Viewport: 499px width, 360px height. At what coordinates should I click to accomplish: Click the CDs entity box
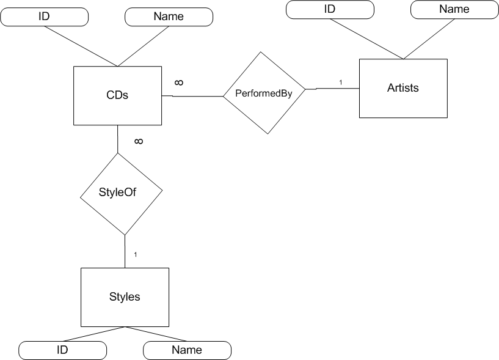click(117, 95)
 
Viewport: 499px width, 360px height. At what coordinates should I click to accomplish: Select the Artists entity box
click(402, 88)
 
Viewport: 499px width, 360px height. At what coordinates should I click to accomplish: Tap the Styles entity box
click(125, 297)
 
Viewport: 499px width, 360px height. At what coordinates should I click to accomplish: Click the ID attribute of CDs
click(44, 17)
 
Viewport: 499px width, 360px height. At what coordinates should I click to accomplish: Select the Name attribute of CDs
click(169, 17)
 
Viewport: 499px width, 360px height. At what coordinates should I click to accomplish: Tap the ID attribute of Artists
click(330, 9)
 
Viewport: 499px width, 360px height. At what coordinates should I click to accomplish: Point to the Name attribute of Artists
click(454, 9)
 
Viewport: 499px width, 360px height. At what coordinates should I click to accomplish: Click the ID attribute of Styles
click(62, 350)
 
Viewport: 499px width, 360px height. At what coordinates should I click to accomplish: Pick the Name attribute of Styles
click(187, 350)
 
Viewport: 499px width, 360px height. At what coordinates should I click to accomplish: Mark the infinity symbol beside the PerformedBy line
click(180, 83)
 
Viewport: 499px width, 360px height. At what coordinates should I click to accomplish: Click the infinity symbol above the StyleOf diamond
click(139, 141)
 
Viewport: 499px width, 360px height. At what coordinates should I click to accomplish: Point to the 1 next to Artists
click(341, 83)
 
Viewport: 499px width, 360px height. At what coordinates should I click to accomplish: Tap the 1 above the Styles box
click(135, 254)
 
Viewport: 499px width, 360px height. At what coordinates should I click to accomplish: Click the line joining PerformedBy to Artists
click(336, 89)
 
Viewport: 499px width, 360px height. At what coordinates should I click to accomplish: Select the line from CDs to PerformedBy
click(192, 96)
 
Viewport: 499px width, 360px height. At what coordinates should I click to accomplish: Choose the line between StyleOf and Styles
click(125, 251)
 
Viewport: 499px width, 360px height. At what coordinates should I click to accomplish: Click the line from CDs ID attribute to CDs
click(79, 46)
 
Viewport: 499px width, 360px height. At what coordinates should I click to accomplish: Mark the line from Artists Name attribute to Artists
click(428, 38)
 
